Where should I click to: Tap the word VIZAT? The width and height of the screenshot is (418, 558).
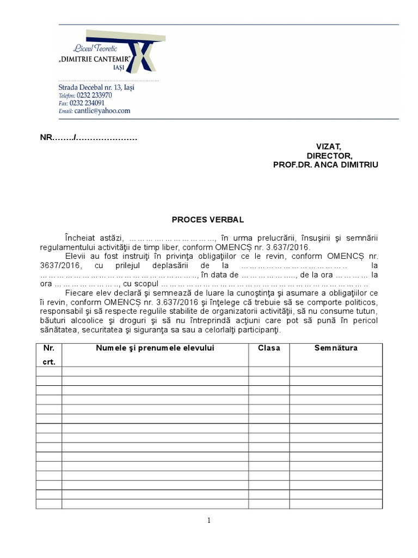tap(328, 147)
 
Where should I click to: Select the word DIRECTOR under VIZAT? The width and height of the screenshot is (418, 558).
tap(328, 155)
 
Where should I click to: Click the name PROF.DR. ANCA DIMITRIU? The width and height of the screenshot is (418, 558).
tap(325, 164)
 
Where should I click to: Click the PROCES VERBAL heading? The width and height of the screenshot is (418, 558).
tap(208, 220)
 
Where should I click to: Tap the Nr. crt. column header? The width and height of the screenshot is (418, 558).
tap(49, 354)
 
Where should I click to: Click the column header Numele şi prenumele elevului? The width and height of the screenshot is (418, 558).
tap(155, 348)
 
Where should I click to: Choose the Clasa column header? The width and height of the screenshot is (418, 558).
tap(269, 348)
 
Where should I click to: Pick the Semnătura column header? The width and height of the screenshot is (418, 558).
tap(336, 348)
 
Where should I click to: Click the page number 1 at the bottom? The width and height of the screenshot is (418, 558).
tap(209, 520)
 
